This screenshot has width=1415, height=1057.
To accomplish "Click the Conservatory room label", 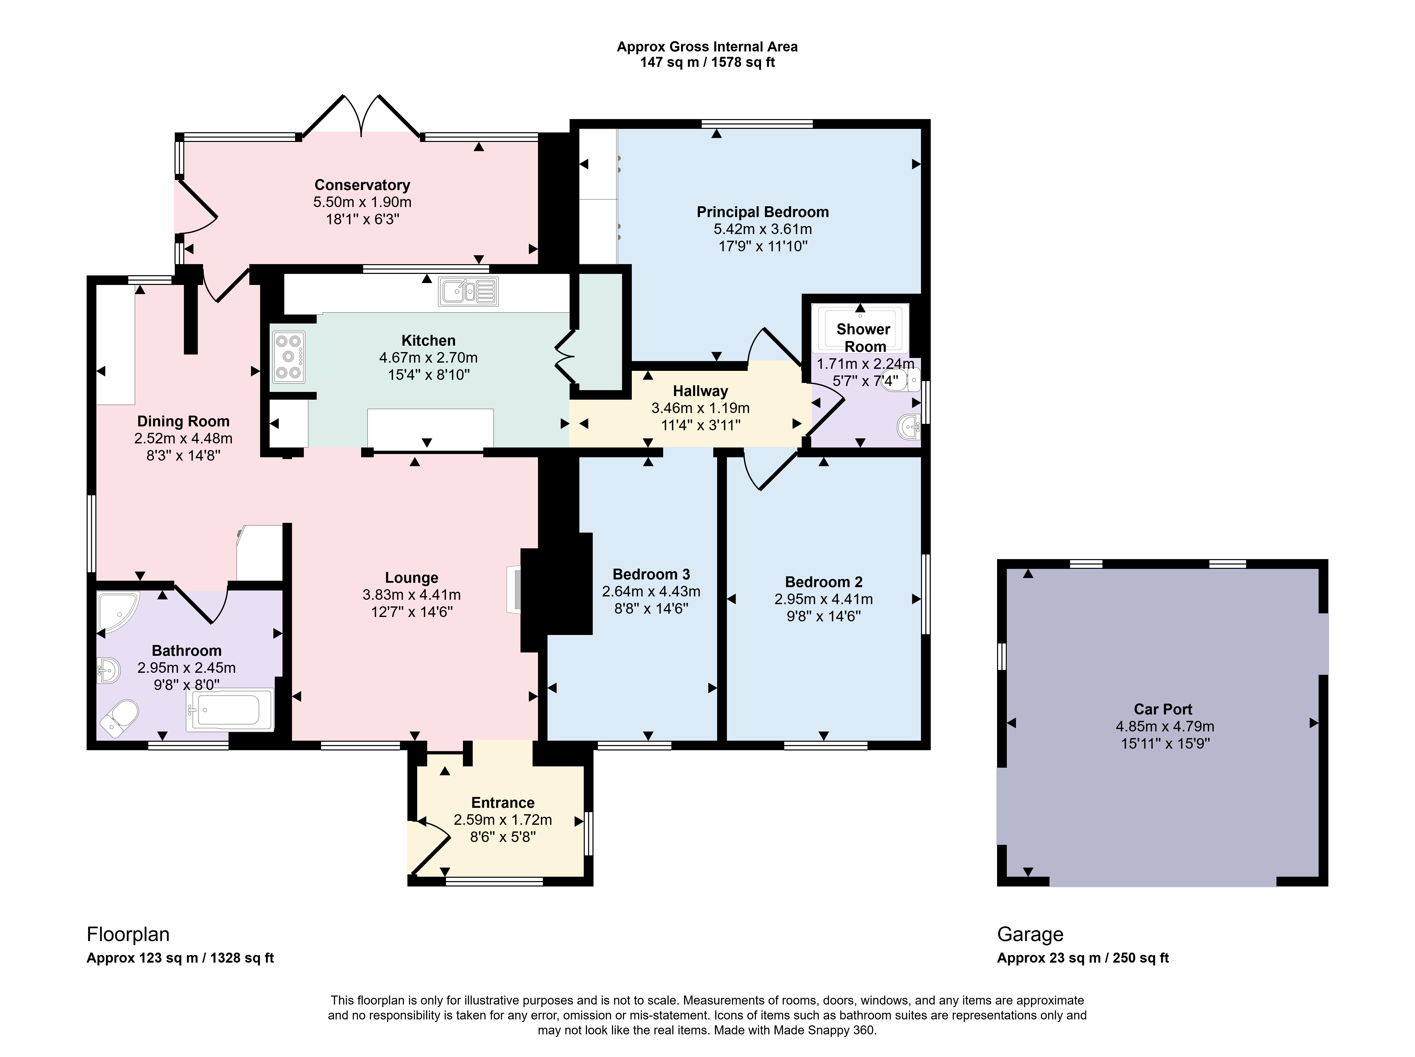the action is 362,185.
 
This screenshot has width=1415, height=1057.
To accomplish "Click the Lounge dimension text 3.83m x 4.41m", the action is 412,594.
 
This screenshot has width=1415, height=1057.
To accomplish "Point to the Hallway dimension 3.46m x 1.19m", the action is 700,408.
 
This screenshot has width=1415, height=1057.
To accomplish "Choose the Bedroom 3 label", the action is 651,574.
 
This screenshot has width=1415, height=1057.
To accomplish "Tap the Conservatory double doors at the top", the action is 362,117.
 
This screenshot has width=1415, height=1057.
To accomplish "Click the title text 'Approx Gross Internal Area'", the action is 707,47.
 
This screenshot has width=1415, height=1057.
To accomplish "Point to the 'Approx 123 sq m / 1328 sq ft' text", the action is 180,958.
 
